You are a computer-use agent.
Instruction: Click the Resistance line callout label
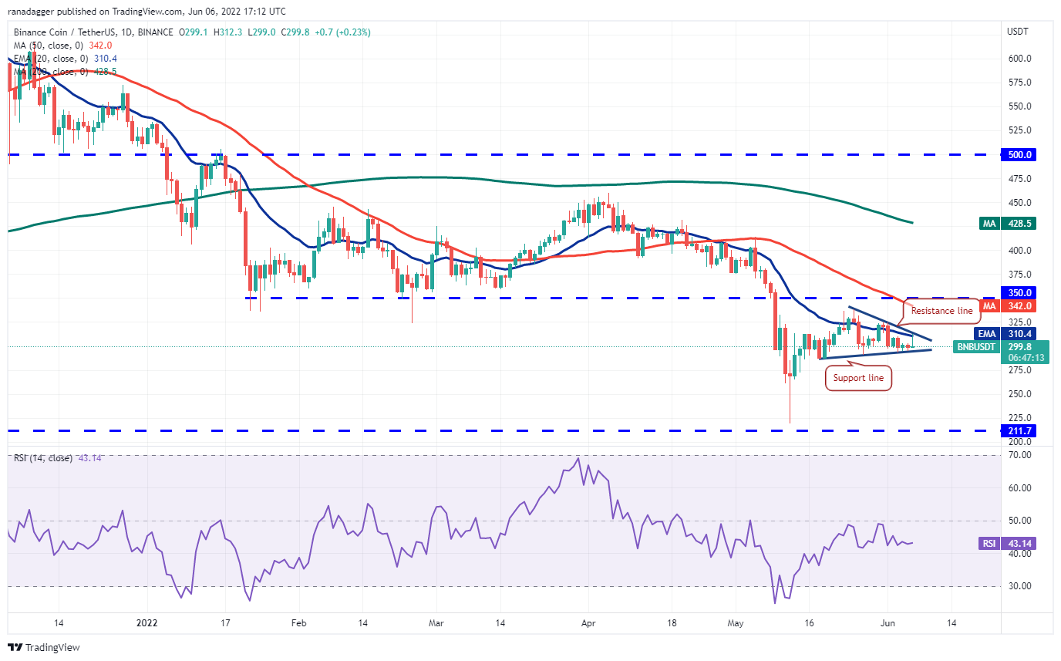(x=942, y=311)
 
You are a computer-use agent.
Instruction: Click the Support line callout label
(x=859, y=379)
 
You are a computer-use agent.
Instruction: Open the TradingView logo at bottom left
(x=44, y=647)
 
